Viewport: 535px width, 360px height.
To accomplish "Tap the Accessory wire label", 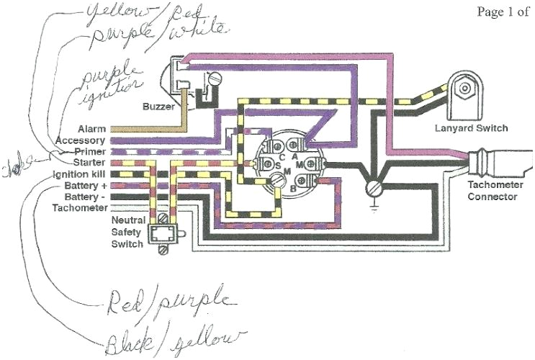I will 80,140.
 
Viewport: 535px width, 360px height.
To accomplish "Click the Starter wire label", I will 89,163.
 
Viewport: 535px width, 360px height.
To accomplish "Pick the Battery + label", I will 85,185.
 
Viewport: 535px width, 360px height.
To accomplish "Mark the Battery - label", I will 85,196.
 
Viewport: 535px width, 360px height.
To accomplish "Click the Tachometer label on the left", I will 78,207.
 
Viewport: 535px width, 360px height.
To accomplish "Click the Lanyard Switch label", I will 472,128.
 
